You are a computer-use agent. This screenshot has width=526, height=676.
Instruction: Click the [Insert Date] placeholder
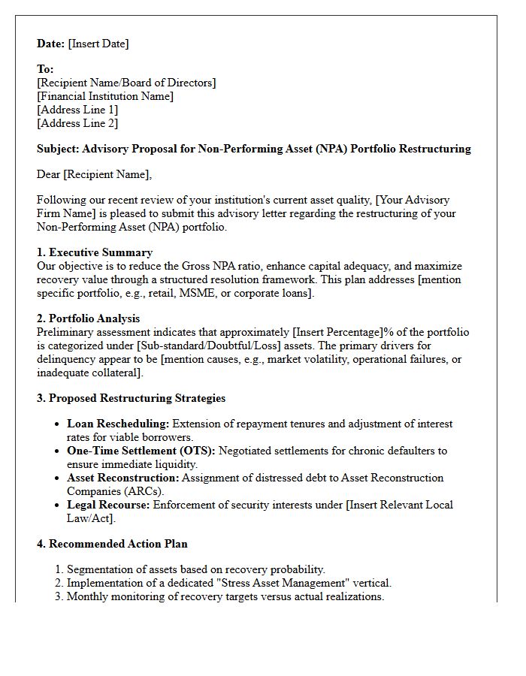(x=98, y=44)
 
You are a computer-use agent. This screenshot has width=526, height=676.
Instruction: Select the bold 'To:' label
(x=45, y=69)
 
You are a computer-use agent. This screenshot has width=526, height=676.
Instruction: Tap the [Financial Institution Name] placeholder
(x=105, y=96)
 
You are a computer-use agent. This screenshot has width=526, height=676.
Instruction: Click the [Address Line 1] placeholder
(x=77, y=110)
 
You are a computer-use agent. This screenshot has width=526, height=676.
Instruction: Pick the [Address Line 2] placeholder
(x=77, y=123)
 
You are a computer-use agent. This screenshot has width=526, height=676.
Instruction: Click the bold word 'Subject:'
(x=58, y=149)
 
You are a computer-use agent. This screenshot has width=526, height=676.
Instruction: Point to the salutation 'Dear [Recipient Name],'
(x=94, y=175)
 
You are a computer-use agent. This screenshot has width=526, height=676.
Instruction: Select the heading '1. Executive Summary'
(x=95, y=252)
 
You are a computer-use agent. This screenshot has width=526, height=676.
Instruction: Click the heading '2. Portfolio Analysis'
(x=89, y=318)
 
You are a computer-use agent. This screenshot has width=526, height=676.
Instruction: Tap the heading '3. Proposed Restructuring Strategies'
(x=131, y=398)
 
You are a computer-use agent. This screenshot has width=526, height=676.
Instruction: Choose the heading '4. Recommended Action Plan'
(x=113, y=544)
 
